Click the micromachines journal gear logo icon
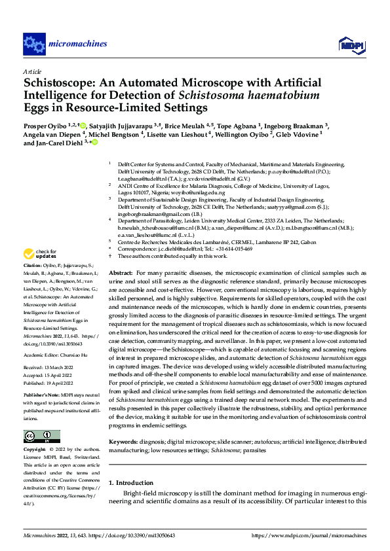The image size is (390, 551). [33, 44]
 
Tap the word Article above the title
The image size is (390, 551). [32, 71]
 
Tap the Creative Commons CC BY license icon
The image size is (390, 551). [42, 436]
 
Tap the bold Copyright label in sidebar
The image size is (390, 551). [36, 450]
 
